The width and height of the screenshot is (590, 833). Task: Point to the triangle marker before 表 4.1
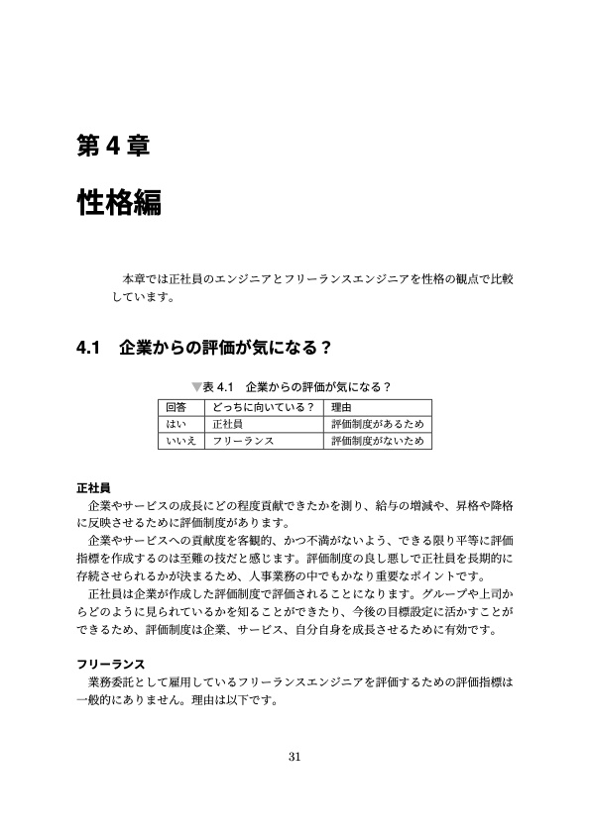point(195,385)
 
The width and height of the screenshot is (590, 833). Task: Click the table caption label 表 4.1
point(217,385)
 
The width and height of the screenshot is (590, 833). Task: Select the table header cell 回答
point(177,406)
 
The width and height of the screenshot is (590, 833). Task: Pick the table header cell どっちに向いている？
point(263,406)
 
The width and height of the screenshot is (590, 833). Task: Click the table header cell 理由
point(342,406)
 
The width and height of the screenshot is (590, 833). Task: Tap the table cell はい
point(175,423)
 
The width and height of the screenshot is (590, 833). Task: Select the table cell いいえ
point(179,440)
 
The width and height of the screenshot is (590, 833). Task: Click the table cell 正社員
point(229,423)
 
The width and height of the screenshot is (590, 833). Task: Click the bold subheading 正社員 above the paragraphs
point(93,487)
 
